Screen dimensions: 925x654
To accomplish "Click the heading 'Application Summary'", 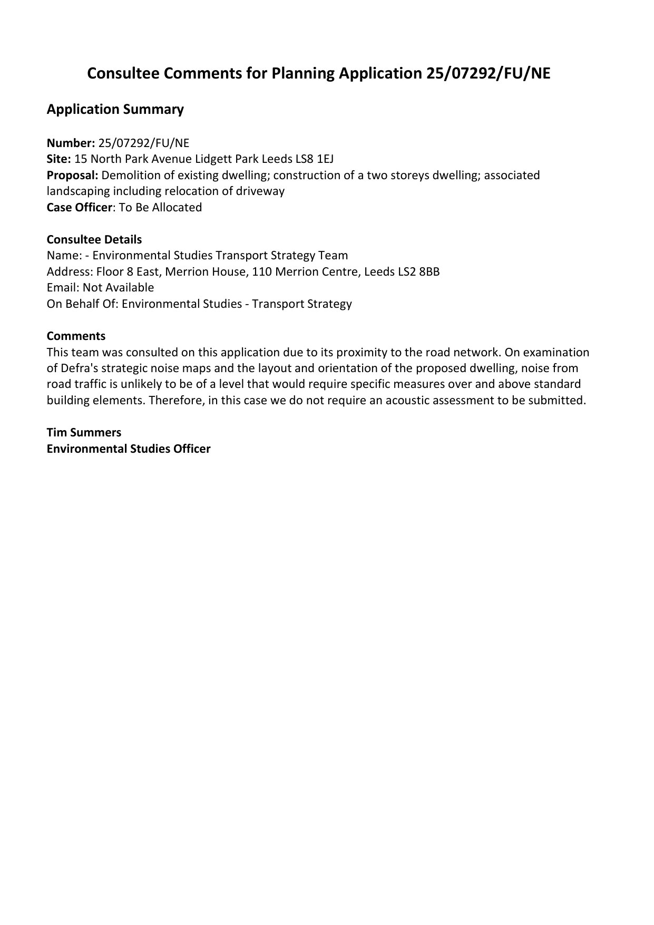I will (x=115, y=110).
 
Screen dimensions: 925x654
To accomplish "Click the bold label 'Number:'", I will (x=71, y=143).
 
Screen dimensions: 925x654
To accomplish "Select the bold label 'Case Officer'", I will (x=79, y=208).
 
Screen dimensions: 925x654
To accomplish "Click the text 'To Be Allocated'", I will (x=160, y=208).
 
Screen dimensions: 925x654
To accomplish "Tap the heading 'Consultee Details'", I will (x=94, y=240).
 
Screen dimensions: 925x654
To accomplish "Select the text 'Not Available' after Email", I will (x=118, y=288).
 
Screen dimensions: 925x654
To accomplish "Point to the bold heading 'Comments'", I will (x=76, y=336).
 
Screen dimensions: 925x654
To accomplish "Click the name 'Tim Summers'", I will (x=84, y=433).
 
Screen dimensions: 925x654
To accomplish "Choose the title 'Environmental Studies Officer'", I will (x=128, y=449).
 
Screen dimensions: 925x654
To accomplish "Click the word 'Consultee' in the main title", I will (x=123, y=74).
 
